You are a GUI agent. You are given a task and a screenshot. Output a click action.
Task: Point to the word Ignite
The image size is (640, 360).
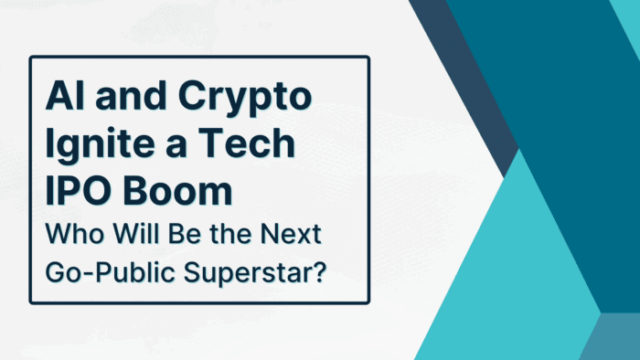coord(96,145)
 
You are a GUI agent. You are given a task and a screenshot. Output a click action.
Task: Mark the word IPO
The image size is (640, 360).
coord(76,192)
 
